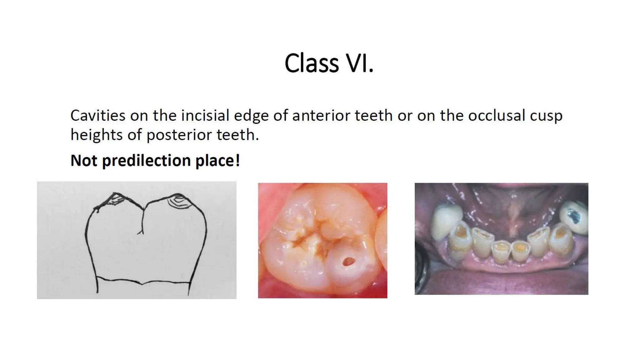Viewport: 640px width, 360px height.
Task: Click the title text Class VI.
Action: point(329,63)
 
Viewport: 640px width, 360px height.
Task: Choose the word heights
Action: point(96,135)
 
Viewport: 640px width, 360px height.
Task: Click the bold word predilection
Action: point(146,161)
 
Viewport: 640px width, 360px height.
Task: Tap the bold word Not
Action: point(83,161)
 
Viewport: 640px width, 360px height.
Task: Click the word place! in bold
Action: point(218,161)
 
